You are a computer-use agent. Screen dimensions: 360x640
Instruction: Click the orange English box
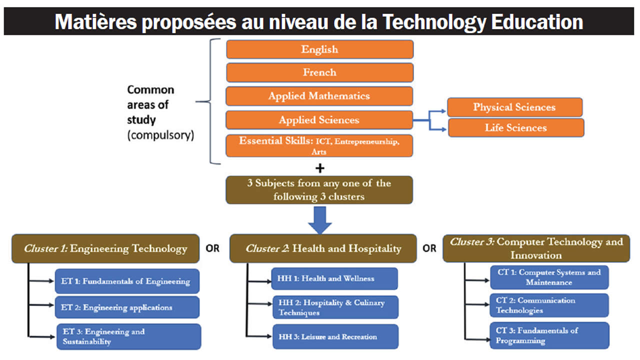[319, 49]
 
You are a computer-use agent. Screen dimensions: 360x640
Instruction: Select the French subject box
[319, 72]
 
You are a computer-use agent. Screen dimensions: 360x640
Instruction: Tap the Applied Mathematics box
[319, 96]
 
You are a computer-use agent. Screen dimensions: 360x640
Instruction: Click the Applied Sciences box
[319, 120]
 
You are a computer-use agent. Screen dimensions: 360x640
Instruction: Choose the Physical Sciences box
[514, 107]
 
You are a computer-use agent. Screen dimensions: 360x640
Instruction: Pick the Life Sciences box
[515, 127]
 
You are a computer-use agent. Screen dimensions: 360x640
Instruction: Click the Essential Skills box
[319, 145]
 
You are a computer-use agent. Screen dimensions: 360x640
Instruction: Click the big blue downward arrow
[319, 219]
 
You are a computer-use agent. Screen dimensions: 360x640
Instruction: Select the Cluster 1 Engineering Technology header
[105, 248]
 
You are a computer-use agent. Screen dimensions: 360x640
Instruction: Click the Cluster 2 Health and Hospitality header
[323, 248]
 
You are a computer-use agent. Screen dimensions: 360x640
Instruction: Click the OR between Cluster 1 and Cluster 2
[212, 248]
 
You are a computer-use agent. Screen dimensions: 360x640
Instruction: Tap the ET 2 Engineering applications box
[127, 307]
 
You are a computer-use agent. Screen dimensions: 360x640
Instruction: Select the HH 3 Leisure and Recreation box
[335, 336]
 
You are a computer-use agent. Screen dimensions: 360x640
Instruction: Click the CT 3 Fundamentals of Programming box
[549, 335]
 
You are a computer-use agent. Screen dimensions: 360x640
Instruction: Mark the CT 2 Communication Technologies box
[549, 305]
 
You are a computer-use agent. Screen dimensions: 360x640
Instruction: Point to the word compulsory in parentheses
[160, 135]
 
